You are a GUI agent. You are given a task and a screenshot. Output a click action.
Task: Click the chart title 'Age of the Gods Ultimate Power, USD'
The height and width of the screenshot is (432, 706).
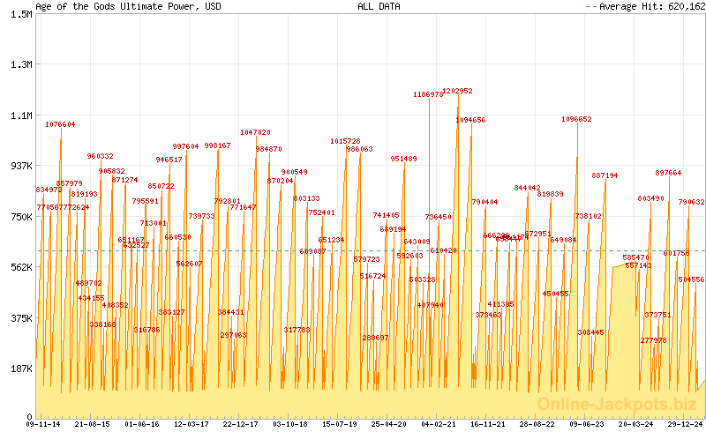coord(129,6)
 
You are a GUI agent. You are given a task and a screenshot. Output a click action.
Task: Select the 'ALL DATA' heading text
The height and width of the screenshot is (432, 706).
coord(379,6)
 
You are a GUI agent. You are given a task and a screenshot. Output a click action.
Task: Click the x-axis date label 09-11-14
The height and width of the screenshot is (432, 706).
coord(44,424)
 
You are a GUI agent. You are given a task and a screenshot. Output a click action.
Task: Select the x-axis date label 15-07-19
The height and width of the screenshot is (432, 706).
coord(340,424)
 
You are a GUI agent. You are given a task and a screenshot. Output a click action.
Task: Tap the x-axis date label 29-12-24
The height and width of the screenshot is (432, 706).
coord(684,424)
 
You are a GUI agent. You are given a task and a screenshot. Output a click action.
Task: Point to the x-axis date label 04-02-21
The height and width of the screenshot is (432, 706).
coord(439,424)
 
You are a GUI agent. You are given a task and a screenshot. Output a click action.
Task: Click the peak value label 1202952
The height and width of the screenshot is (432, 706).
coord(457,91)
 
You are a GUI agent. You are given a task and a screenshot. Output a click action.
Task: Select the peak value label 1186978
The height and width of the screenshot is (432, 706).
coord(428,94)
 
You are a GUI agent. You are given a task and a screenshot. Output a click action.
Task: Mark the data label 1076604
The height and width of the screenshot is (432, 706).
coord(60,124)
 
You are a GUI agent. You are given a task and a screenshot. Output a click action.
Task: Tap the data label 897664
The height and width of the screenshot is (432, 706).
coord(668,173)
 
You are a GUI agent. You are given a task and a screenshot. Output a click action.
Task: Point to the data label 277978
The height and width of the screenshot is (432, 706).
coord(654,340)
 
